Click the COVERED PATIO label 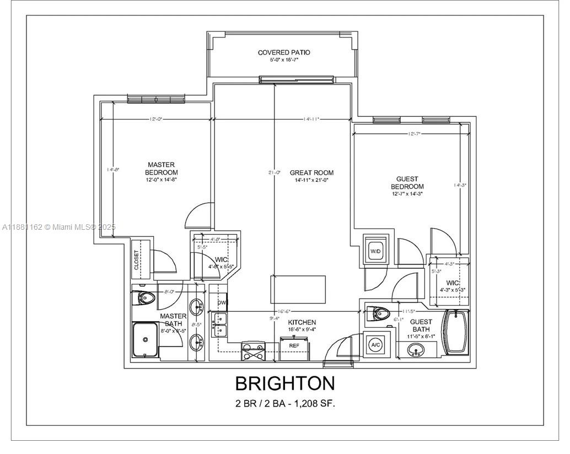pos(284,52)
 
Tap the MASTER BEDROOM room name pos(161,169)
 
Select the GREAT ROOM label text pos(311,172)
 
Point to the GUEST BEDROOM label pos(407,183)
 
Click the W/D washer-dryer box pos(375,252)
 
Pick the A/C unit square pos(375,345)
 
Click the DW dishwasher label pos(222,302)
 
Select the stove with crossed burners pos(253,351)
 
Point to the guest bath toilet pos(379,315)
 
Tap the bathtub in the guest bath pos(456,333)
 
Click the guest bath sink pos(417,350)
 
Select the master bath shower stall pos(146,340)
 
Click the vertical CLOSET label pos(136,260)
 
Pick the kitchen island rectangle pos(298,289)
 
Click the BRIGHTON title pos(284,383)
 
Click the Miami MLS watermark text pos(58,227)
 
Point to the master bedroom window pos(155,99)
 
